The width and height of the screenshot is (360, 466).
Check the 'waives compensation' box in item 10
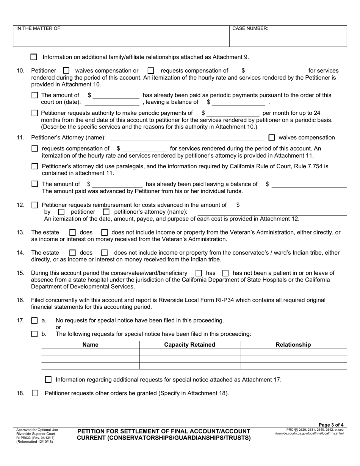(66, 70)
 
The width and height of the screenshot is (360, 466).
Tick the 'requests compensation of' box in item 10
(151, 70)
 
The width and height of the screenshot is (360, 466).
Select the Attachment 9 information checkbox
(34, 57)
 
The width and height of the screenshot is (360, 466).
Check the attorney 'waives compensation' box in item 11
(271, 138)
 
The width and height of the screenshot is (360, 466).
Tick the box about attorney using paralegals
(35, 166)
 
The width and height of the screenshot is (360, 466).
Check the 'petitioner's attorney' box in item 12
(106, 212)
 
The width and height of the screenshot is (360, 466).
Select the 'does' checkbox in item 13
(73, 232)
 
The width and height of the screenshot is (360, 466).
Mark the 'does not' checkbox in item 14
(105, 253)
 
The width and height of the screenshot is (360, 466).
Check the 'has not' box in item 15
(225, 273)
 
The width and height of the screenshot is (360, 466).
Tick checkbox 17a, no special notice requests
(34, 321)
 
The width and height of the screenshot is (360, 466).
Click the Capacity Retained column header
(189, 345)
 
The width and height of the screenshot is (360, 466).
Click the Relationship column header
(293, 345)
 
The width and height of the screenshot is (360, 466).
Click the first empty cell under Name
(90, 352)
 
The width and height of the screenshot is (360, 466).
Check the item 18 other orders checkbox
(35, 393)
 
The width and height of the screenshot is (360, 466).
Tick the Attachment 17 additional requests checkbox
(48, 380)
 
